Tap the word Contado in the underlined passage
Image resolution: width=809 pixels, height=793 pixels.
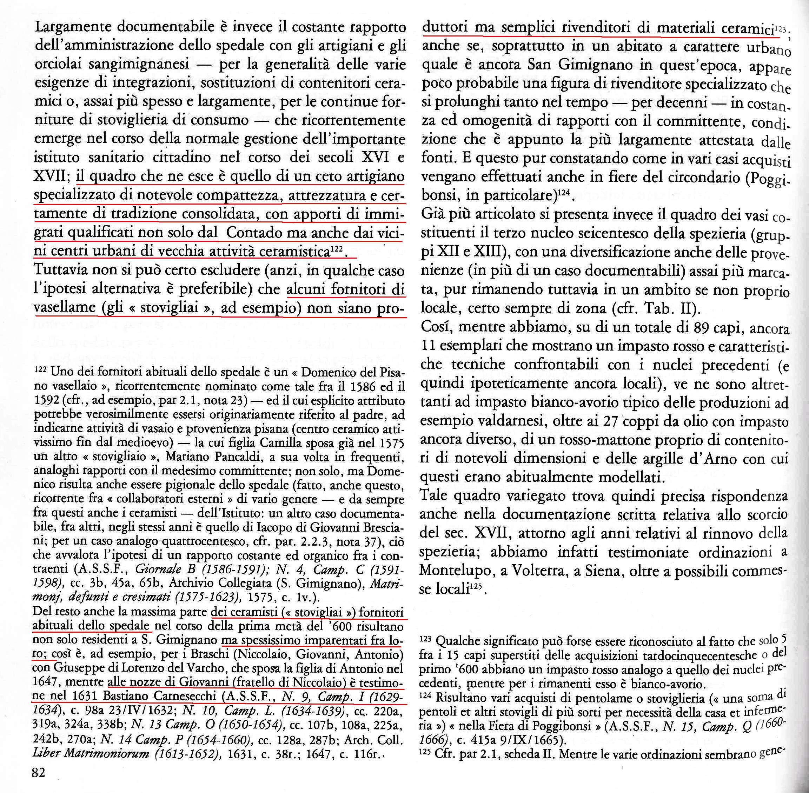tap(252, 233)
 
